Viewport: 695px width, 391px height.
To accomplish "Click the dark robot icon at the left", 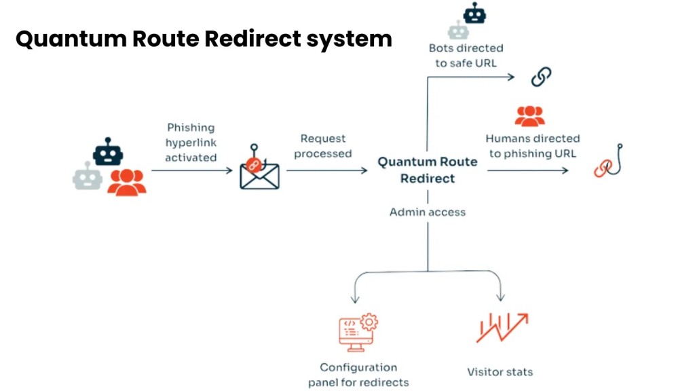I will (108, 152).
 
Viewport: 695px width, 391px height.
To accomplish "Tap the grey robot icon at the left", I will (88, 176).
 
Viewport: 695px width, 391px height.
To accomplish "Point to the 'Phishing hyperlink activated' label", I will (191, 142).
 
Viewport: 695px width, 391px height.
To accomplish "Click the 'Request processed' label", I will (323, 146).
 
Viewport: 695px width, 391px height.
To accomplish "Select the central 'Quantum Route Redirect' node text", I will (427, 170).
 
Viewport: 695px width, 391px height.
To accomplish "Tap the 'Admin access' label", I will (427, 212).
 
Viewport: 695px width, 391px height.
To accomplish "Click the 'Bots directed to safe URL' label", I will (466, 56).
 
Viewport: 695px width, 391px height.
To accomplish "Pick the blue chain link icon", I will (540, 77).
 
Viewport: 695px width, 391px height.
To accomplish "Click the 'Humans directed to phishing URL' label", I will (532, 146).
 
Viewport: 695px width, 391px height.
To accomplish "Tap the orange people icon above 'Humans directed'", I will (529, 116).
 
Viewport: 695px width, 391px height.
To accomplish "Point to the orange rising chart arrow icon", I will (502, 327).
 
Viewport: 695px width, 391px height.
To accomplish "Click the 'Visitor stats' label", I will (500, 371).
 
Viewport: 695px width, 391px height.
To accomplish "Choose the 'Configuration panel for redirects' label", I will (358, 375).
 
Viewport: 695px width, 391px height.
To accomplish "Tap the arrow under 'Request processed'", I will (326, 170).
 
